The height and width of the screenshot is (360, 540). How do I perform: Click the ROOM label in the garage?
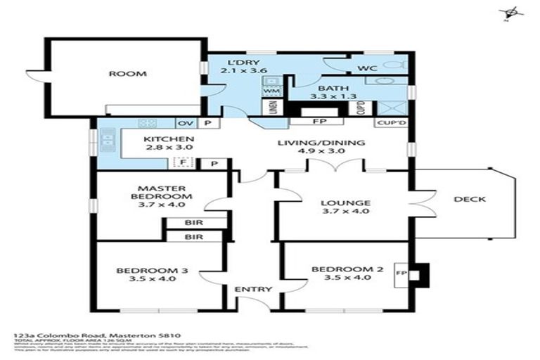[127, 74]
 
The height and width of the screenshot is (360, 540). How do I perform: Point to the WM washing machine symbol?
[270, 91]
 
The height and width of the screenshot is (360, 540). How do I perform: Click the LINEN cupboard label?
[272, 109]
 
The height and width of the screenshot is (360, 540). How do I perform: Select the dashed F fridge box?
[183, 162]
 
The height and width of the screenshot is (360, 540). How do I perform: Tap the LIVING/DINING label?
[321, 148]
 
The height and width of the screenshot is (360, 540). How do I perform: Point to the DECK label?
[470, 199]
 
